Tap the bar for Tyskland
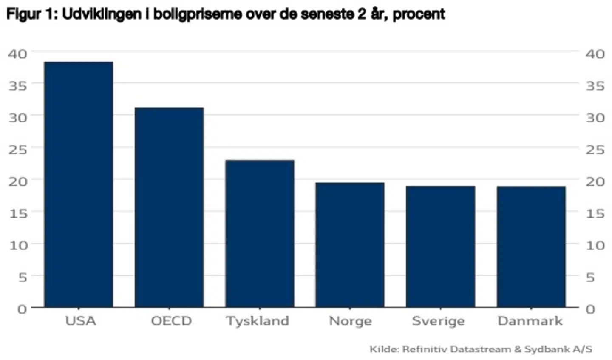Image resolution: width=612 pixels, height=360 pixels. coord(260,233)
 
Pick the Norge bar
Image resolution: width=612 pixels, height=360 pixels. coord(350,245)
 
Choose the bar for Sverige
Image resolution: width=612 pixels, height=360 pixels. coord(440,247)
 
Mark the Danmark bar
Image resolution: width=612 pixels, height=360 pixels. coord(531,247)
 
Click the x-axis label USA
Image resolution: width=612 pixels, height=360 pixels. coord(80,321)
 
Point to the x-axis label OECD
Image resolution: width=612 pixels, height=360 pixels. coord(171,321)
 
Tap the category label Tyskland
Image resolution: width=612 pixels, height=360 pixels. coord(258,321)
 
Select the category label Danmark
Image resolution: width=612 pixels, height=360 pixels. coord(530,321)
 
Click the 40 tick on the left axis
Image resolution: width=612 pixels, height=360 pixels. coord(18,54)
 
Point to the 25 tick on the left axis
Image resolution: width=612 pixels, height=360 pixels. coord(18,150)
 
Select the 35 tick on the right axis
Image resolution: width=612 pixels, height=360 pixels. coord(595,86)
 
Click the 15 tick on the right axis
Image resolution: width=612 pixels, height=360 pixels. coord(595,213)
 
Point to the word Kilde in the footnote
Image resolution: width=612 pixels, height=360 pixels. coord(384,349)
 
